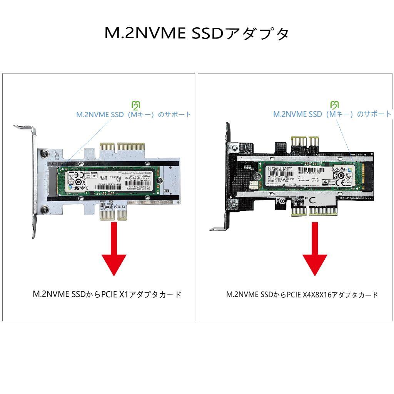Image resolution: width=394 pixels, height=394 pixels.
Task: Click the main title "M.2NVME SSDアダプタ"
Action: click(197, 33)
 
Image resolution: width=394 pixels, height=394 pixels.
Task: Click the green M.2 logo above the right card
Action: click(335, 105)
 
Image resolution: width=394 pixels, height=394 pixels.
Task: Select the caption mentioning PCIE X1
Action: click(107, 295)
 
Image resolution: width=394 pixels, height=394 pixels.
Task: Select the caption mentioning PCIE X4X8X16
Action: click(302, 295)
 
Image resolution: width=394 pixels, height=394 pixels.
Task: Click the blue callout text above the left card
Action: click(134, 115)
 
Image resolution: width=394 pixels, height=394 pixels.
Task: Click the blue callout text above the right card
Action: click(332, 114)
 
